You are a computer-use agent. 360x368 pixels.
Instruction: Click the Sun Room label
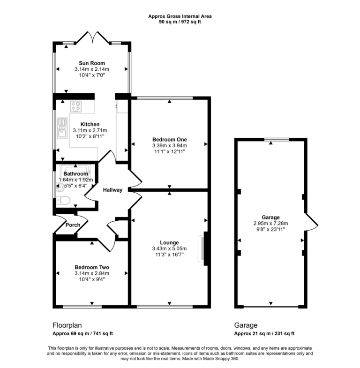[x=92, y=63]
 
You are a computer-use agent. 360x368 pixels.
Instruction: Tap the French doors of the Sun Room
[x=92, y=38]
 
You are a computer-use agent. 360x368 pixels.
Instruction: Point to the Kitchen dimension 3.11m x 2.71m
[x=90, y=130]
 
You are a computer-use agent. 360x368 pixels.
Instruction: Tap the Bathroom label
[x=75, y=173]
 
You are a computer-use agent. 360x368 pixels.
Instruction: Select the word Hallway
[x=113, y=190]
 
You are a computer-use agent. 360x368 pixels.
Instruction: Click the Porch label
[x=73, y=225]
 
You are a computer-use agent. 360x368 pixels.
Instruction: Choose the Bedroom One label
[x=169, y=139]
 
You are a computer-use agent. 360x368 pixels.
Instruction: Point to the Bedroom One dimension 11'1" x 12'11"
[x=169, y=151]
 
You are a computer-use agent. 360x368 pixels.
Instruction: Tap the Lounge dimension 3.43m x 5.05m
[x=169, y=248]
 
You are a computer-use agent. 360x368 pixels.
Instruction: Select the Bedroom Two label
[x=91, y=267]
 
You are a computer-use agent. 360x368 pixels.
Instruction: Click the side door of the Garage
[x=311, y=220]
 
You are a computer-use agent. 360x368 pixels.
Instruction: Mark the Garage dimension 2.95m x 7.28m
[x=270, y=223]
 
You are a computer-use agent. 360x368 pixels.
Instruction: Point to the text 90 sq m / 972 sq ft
[x=180, y=22]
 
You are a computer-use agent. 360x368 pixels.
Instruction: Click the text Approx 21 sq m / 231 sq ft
[x=264, y=334]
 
